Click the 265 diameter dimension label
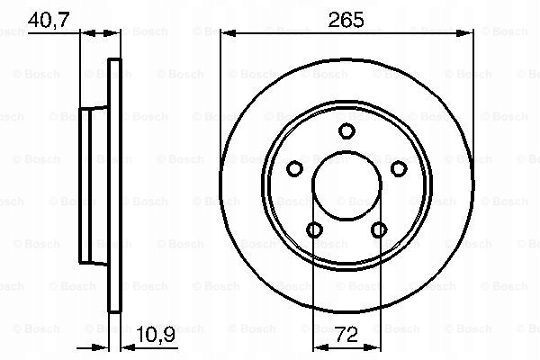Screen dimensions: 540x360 pos(346,20)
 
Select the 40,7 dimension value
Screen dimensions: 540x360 pos(49,20)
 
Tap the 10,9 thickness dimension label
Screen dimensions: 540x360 pos(156,334)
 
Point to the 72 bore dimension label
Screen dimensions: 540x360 pos(346,334)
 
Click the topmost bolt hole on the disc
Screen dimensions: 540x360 pos(346,130)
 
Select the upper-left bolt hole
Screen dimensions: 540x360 pos(295,169)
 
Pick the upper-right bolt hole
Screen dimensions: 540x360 pos(399,169)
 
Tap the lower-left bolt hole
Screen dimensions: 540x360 pos(314,229)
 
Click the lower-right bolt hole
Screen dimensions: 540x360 pos(379,229)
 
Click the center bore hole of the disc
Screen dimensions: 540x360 pos(346,185)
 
